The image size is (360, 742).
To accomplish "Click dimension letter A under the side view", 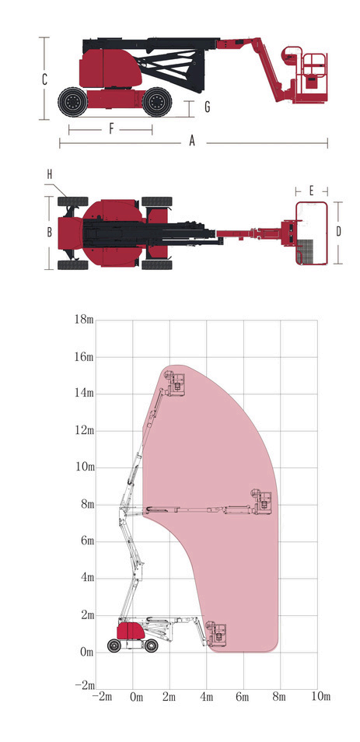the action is [x=192, y=141].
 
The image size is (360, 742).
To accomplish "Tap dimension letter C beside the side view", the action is [x=44, y=79].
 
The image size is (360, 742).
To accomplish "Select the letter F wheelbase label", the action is [x=112, y=128].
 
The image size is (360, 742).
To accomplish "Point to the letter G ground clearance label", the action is [x=207, y=107].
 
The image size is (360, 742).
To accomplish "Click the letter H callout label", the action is [x=49, y=175].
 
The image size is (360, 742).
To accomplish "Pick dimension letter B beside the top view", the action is [x=49, y=233].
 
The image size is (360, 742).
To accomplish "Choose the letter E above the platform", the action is [x=311, y=191].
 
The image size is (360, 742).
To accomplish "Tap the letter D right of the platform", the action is [x=338, y=232].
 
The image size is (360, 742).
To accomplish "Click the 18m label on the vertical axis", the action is [x=84, y=319].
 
